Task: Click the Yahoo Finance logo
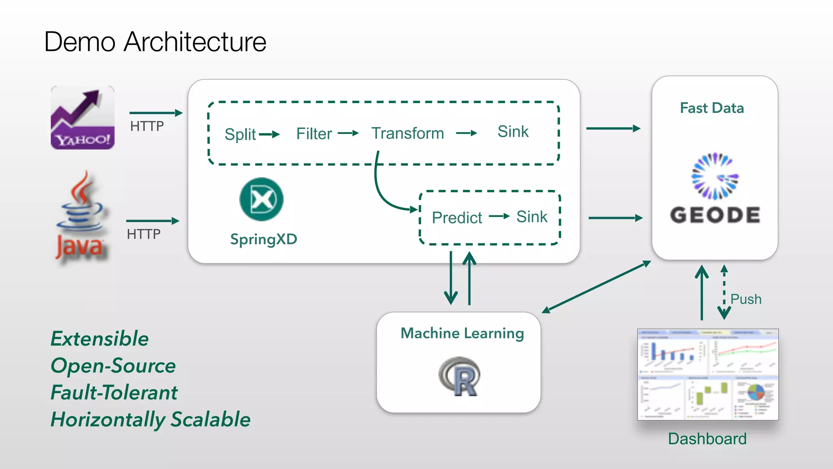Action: coord(83,118)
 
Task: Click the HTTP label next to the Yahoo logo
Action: coord(147,126)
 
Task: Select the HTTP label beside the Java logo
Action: coord(144,234)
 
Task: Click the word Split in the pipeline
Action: coord(240,134)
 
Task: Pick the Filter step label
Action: coord(314,134)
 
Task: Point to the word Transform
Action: coord(408,133)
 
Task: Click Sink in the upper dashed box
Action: coord(513,131)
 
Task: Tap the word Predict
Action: coord(457,218)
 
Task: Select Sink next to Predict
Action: coord(532,217)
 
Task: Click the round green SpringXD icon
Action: coord(262,199)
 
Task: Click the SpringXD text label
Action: coord(264,239)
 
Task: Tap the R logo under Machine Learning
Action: coord(460,377)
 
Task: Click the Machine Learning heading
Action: coord(462,333)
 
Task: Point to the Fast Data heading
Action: coord(712,108)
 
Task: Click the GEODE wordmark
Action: coord(715,215)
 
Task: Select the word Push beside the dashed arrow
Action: coord(746,299)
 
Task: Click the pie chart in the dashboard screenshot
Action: coord(757,393)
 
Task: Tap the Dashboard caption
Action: coord(707,439)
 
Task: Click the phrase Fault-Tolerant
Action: coord(114,392)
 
